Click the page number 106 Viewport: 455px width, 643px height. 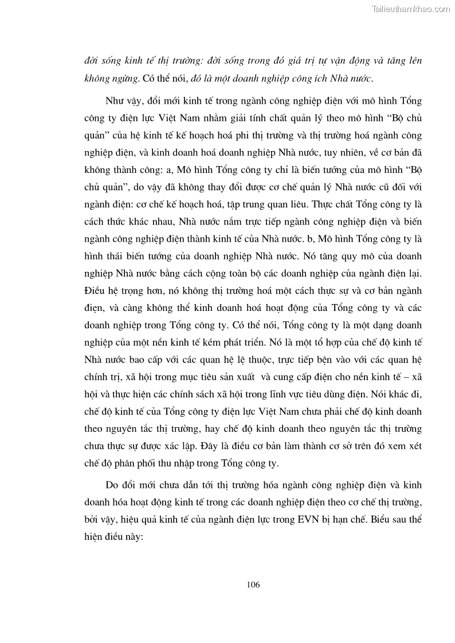click(x=253, y=585)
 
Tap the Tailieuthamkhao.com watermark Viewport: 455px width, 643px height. click(x=411, y=9)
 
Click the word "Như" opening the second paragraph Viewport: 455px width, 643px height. click(x=114, y=102)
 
